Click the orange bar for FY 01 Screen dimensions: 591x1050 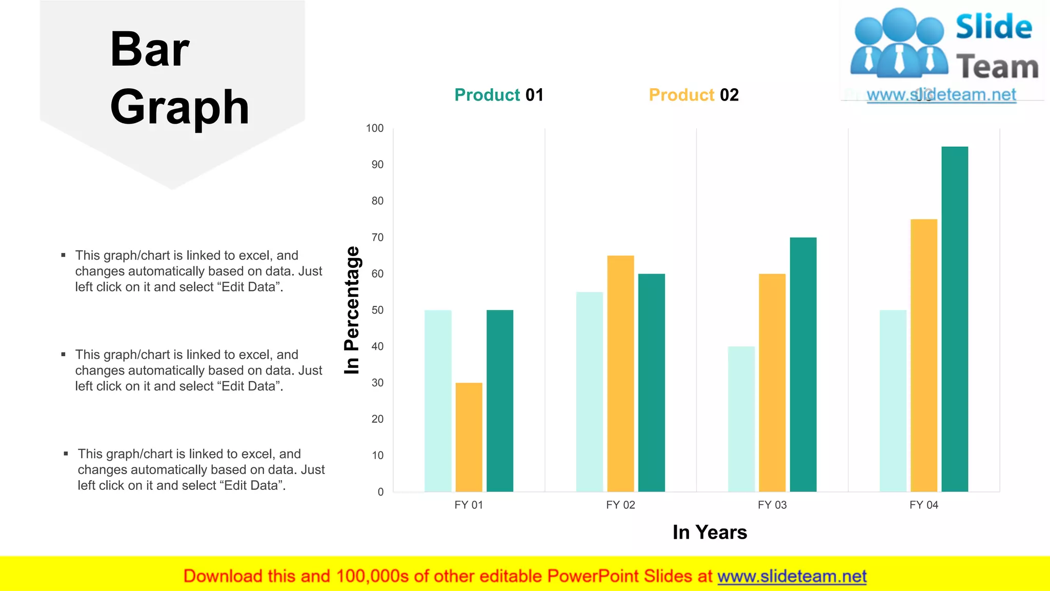(469, 437)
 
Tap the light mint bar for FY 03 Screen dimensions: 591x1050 (741, 419)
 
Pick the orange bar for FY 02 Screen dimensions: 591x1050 (620, 373)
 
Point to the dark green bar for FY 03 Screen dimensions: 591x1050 (803, 364)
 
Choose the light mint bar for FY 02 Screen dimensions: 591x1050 (590, 392)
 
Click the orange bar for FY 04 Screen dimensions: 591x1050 (924, 355)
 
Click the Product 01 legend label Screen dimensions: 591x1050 (499, 95)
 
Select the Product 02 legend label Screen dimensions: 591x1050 (694, 95)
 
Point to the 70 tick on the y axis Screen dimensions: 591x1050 (378, 238)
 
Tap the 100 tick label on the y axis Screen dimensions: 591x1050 (375, 128)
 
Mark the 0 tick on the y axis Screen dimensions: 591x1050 (380, 492)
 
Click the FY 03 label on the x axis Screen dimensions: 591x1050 (772, 505)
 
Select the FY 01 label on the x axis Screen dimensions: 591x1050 (469, 505)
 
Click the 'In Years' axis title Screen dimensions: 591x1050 (710, 533)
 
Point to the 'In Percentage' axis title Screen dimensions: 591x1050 (352, 310)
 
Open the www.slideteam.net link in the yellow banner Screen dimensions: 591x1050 (792, 576)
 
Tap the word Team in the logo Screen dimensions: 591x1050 (997, 67)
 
